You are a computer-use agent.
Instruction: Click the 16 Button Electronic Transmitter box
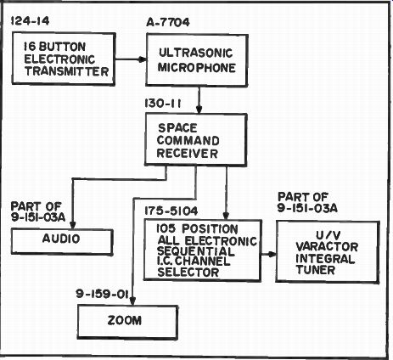pos(64,59)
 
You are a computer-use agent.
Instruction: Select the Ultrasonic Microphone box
pos(197,60)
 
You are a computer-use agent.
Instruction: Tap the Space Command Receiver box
pos(196,139)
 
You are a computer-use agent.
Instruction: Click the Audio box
pos(62,242)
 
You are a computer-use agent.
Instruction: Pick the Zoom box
pos(127,322)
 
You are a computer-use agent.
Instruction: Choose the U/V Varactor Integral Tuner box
pos(328,251)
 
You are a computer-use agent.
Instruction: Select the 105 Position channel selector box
pos(203,250)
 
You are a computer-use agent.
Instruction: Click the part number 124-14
pos(30,21)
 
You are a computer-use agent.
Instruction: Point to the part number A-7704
pos(168,22)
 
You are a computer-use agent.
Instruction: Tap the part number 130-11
pos(163,104)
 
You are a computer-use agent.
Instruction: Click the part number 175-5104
pos(171,211)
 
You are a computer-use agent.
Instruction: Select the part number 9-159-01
pos(102,294)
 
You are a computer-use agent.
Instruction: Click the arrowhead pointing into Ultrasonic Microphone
pos(142,59)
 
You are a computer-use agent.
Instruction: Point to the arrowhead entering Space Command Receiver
pos(199,110)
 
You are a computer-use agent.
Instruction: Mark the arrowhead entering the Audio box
pos(73,225)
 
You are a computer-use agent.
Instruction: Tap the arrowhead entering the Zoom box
pos(132,301)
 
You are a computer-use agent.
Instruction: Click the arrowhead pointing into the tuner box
pos(272,254)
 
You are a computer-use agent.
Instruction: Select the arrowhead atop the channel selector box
pos(226,215)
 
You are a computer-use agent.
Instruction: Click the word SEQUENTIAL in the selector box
pos(196,251)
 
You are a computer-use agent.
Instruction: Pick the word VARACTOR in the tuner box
pos(327,247)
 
